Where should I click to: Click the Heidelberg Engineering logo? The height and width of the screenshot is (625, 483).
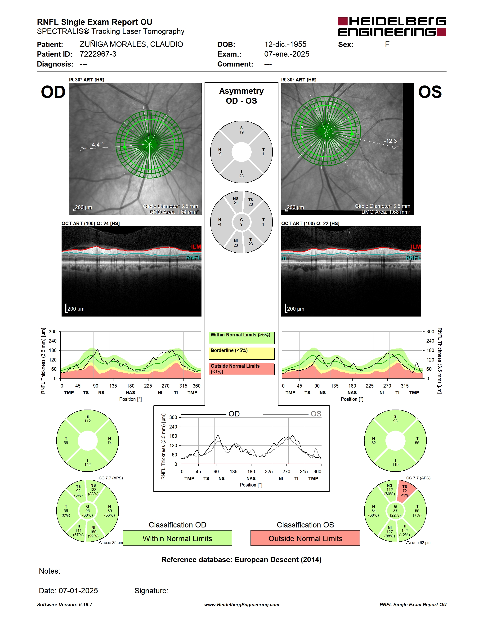coord(392,27)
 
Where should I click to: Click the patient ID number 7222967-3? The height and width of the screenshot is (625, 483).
coord(98,54)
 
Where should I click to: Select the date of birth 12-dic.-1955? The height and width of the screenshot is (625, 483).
coord(285,44)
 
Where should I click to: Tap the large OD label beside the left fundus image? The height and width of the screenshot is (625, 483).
coord(53,92)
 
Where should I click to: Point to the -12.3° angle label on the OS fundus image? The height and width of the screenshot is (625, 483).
coord(392,141)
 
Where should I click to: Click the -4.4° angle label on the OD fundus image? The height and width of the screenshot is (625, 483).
coord(97,144)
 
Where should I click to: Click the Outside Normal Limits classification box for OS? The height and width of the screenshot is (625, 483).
coord(305,538)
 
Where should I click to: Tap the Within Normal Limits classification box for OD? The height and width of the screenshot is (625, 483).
coord(177,538)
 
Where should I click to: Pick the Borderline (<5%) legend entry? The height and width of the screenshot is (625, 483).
coord(241,353)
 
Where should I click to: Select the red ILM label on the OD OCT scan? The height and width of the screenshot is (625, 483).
coord(196,247)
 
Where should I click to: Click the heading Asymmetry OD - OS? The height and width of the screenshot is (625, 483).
coord(241,96)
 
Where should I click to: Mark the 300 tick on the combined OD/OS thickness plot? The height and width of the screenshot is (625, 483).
coord(173,417)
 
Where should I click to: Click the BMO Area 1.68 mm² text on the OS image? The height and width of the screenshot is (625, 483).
coord(386,212)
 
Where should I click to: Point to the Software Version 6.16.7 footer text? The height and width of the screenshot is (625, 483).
coord(65,605)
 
